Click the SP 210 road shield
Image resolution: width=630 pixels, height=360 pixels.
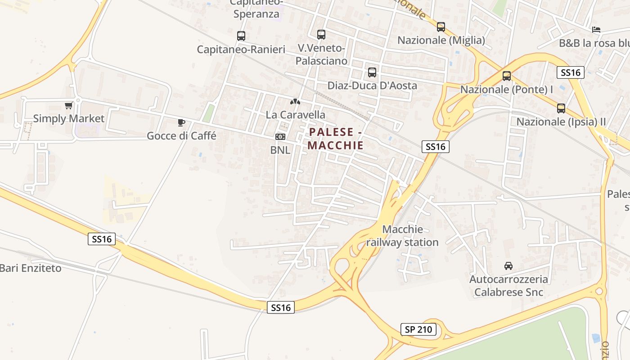(x=418, y=329)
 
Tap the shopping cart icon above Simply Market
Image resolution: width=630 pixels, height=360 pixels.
(x=68, y=106)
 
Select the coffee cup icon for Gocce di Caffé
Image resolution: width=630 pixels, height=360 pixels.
(x=181, y=122)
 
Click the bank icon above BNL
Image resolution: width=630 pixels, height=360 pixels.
(x=280, y=137)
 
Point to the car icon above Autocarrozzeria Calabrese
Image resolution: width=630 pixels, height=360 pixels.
(x=508, y=266)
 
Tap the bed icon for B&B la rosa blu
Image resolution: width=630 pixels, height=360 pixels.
(x=596, y=30)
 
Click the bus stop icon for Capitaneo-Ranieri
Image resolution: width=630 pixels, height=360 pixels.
(x=241, y=36)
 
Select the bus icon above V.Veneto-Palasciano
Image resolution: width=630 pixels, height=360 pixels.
(x=321, y=34)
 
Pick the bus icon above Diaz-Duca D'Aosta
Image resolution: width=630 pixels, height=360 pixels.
(x=372, y=72)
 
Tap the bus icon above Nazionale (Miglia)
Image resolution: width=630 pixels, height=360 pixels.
(x=441, y=27)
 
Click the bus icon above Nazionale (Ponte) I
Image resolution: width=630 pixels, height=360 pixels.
(x=507, y=76)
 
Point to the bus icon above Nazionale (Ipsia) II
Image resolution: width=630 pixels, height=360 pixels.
(x=561, y=108)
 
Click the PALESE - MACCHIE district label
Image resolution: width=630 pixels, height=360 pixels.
(x=336, y=139)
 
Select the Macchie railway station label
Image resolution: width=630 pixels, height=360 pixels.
(x=402, y=236)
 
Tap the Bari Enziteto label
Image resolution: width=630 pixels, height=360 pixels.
(x=31, y=268)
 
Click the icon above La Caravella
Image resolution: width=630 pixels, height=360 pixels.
(x=295, y=102)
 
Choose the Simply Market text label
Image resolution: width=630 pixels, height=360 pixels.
(x=68, y=119)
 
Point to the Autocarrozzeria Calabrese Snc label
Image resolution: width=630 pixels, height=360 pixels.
(x=509, y=286)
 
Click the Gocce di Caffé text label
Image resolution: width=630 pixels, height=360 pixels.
(x=181, y=135)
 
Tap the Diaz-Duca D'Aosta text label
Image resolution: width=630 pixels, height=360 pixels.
(x=372, y=85)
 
